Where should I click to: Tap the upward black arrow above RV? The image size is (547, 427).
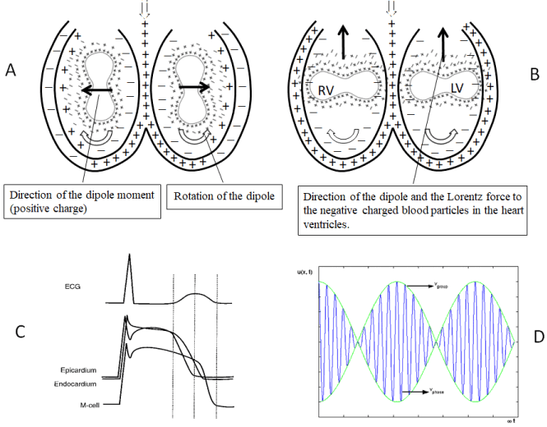tap(340, 39)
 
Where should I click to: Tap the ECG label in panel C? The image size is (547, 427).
tap(74, 287)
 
